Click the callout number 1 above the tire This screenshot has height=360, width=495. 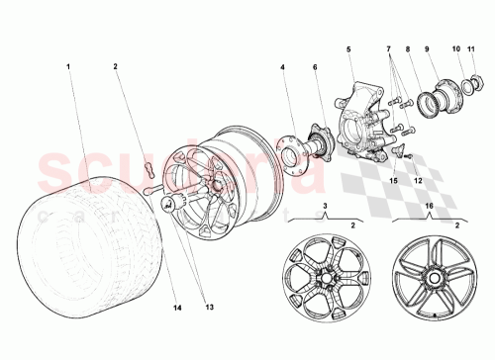point(68,67)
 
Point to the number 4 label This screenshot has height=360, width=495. point(282,67)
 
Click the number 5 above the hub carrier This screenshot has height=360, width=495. point(348,47)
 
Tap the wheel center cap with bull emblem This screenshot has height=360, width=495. point(168,205)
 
